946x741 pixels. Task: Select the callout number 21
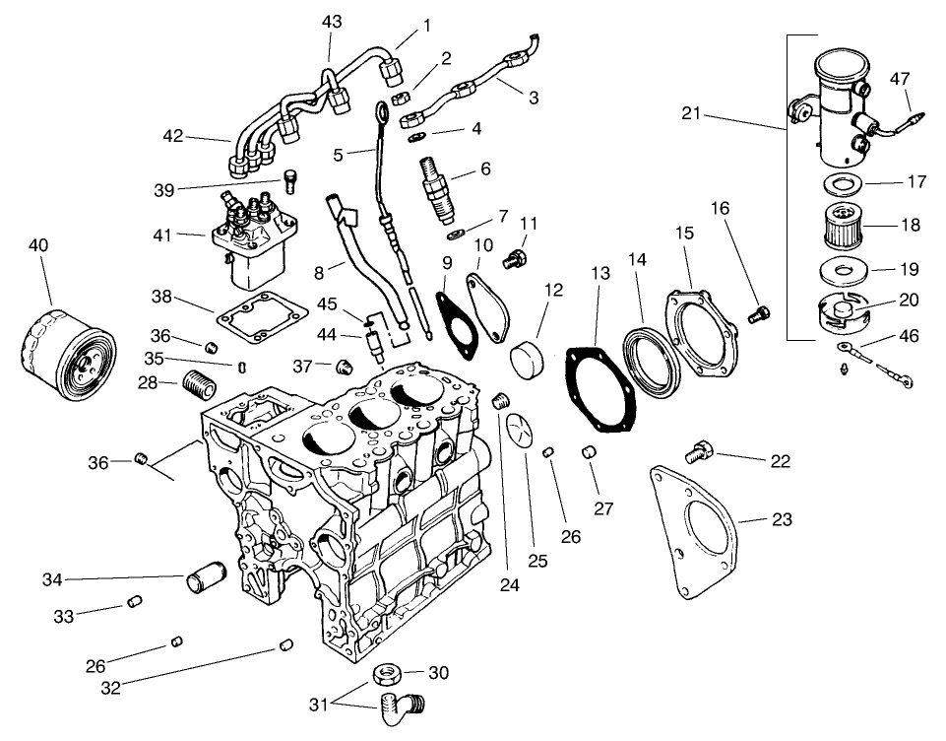tap(692, 114)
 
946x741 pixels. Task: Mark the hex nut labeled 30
tap(386, 675)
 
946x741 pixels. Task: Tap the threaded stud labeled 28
tap(200, 381)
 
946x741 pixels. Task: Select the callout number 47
tap(900, 78)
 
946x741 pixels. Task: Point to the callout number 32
tap(111, 689)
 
